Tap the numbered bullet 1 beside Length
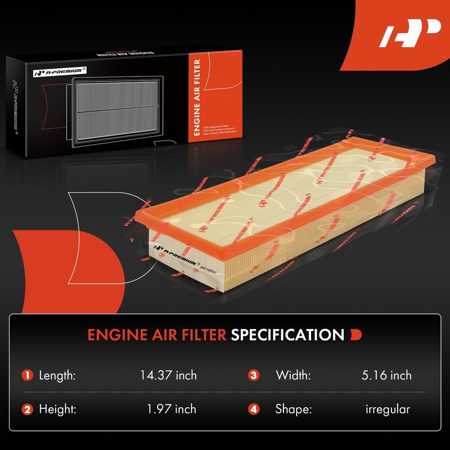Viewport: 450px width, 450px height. [x=27, y=375]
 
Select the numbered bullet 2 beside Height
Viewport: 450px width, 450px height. [x=27, y=409]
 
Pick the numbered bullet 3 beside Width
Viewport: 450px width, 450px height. [x=254, y=375]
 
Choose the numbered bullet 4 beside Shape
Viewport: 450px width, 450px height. [x=254, y=409]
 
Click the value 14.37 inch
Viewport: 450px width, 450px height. [x=168, y=375]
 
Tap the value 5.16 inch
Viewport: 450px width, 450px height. [x=386, y=375]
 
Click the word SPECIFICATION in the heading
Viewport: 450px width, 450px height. [x=287, y=335]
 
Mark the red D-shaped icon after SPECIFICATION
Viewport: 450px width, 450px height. [x=355, y=335]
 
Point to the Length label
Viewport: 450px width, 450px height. [x=57, y=375]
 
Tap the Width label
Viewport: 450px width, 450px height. [x=292, y=375]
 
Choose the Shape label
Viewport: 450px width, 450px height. [x=293, y=409]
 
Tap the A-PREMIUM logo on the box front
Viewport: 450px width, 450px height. [x=59, y=73]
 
